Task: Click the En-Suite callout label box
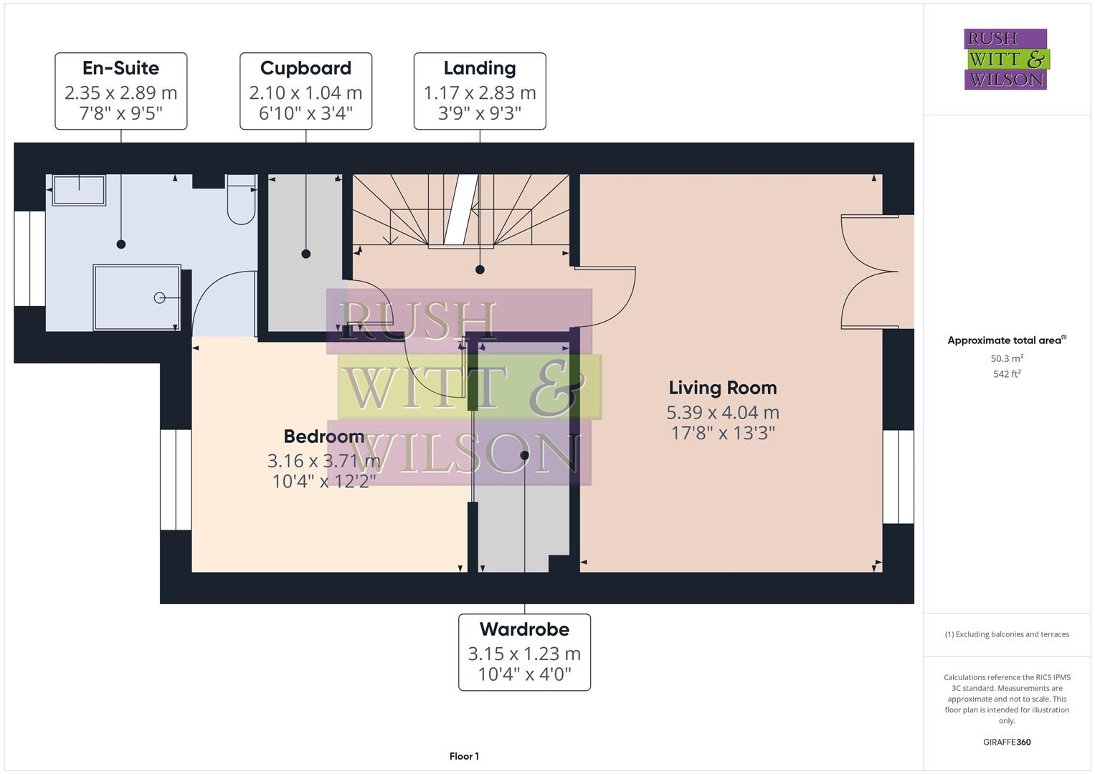pos(121,91)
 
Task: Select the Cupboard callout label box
pos(305,91)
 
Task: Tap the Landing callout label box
pos(480,91)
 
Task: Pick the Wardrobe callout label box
pos(524,652)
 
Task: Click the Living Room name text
pos(722,388)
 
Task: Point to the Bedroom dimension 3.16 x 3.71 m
pos(323,460)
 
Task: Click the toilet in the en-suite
pos(242,200)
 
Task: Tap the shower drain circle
pos(159,297)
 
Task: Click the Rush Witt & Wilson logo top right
pos(1005,59)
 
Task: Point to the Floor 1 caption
pos(464,756)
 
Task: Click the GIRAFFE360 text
pos(1007,742)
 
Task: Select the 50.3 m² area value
pos(1007,358)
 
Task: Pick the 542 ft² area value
pos(1007,373)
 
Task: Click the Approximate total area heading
pos(1006,340)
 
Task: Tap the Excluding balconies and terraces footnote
pos(1007,634)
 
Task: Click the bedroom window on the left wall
pos(176,479)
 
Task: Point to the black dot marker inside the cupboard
pos(306,254)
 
